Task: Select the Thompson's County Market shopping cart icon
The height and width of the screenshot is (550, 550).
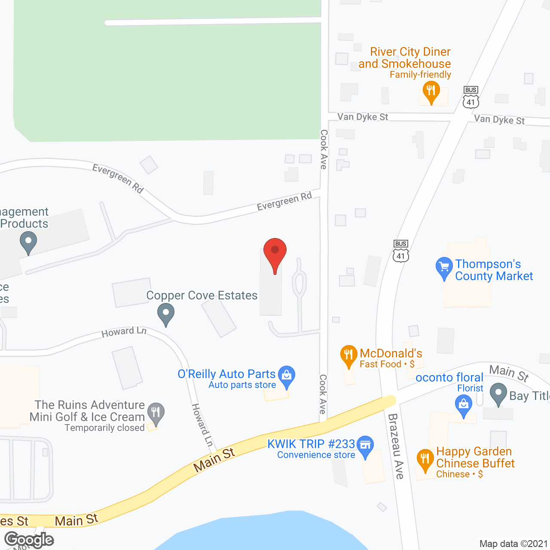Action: (x=444, y=267)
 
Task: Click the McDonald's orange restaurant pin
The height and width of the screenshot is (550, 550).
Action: (x=348, y=356)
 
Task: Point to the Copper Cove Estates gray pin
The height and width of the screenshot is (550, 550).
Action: (x=165, y=314)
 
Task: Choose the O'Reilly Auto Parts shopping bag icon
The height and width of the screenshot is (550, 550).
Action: (x=287, y=376)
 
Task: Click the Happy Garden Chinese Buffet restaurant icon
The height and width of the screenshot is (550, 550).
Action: (x=425, y=460)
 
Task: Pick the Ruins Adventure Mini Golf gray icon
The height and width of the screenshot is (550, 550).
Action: (x=156, y=413)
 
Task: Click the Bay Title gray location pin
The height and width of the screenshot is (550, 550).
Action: (x=498, y=394)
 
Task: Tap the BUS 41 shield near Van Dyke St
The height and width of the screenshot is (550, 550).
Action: (x=471, y=97)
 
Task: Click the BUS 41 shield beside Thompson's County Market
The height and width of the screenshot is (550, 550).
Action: (x=400, y=251)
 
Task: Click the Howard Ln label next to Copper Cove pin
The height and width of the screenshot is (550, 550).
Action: (x=124, y=332)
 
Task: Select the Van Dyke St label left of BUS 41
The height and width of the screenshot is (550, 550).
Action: (x=363, y=117)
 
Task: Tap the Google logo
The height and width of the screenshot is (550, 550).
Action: (x=29, y=540)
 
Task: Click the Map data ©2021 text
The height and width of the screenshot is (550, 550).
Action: (x=513, y=544)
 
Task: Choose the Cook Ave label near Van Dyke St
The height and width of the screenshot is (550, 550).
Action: (x=324, y=149)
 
